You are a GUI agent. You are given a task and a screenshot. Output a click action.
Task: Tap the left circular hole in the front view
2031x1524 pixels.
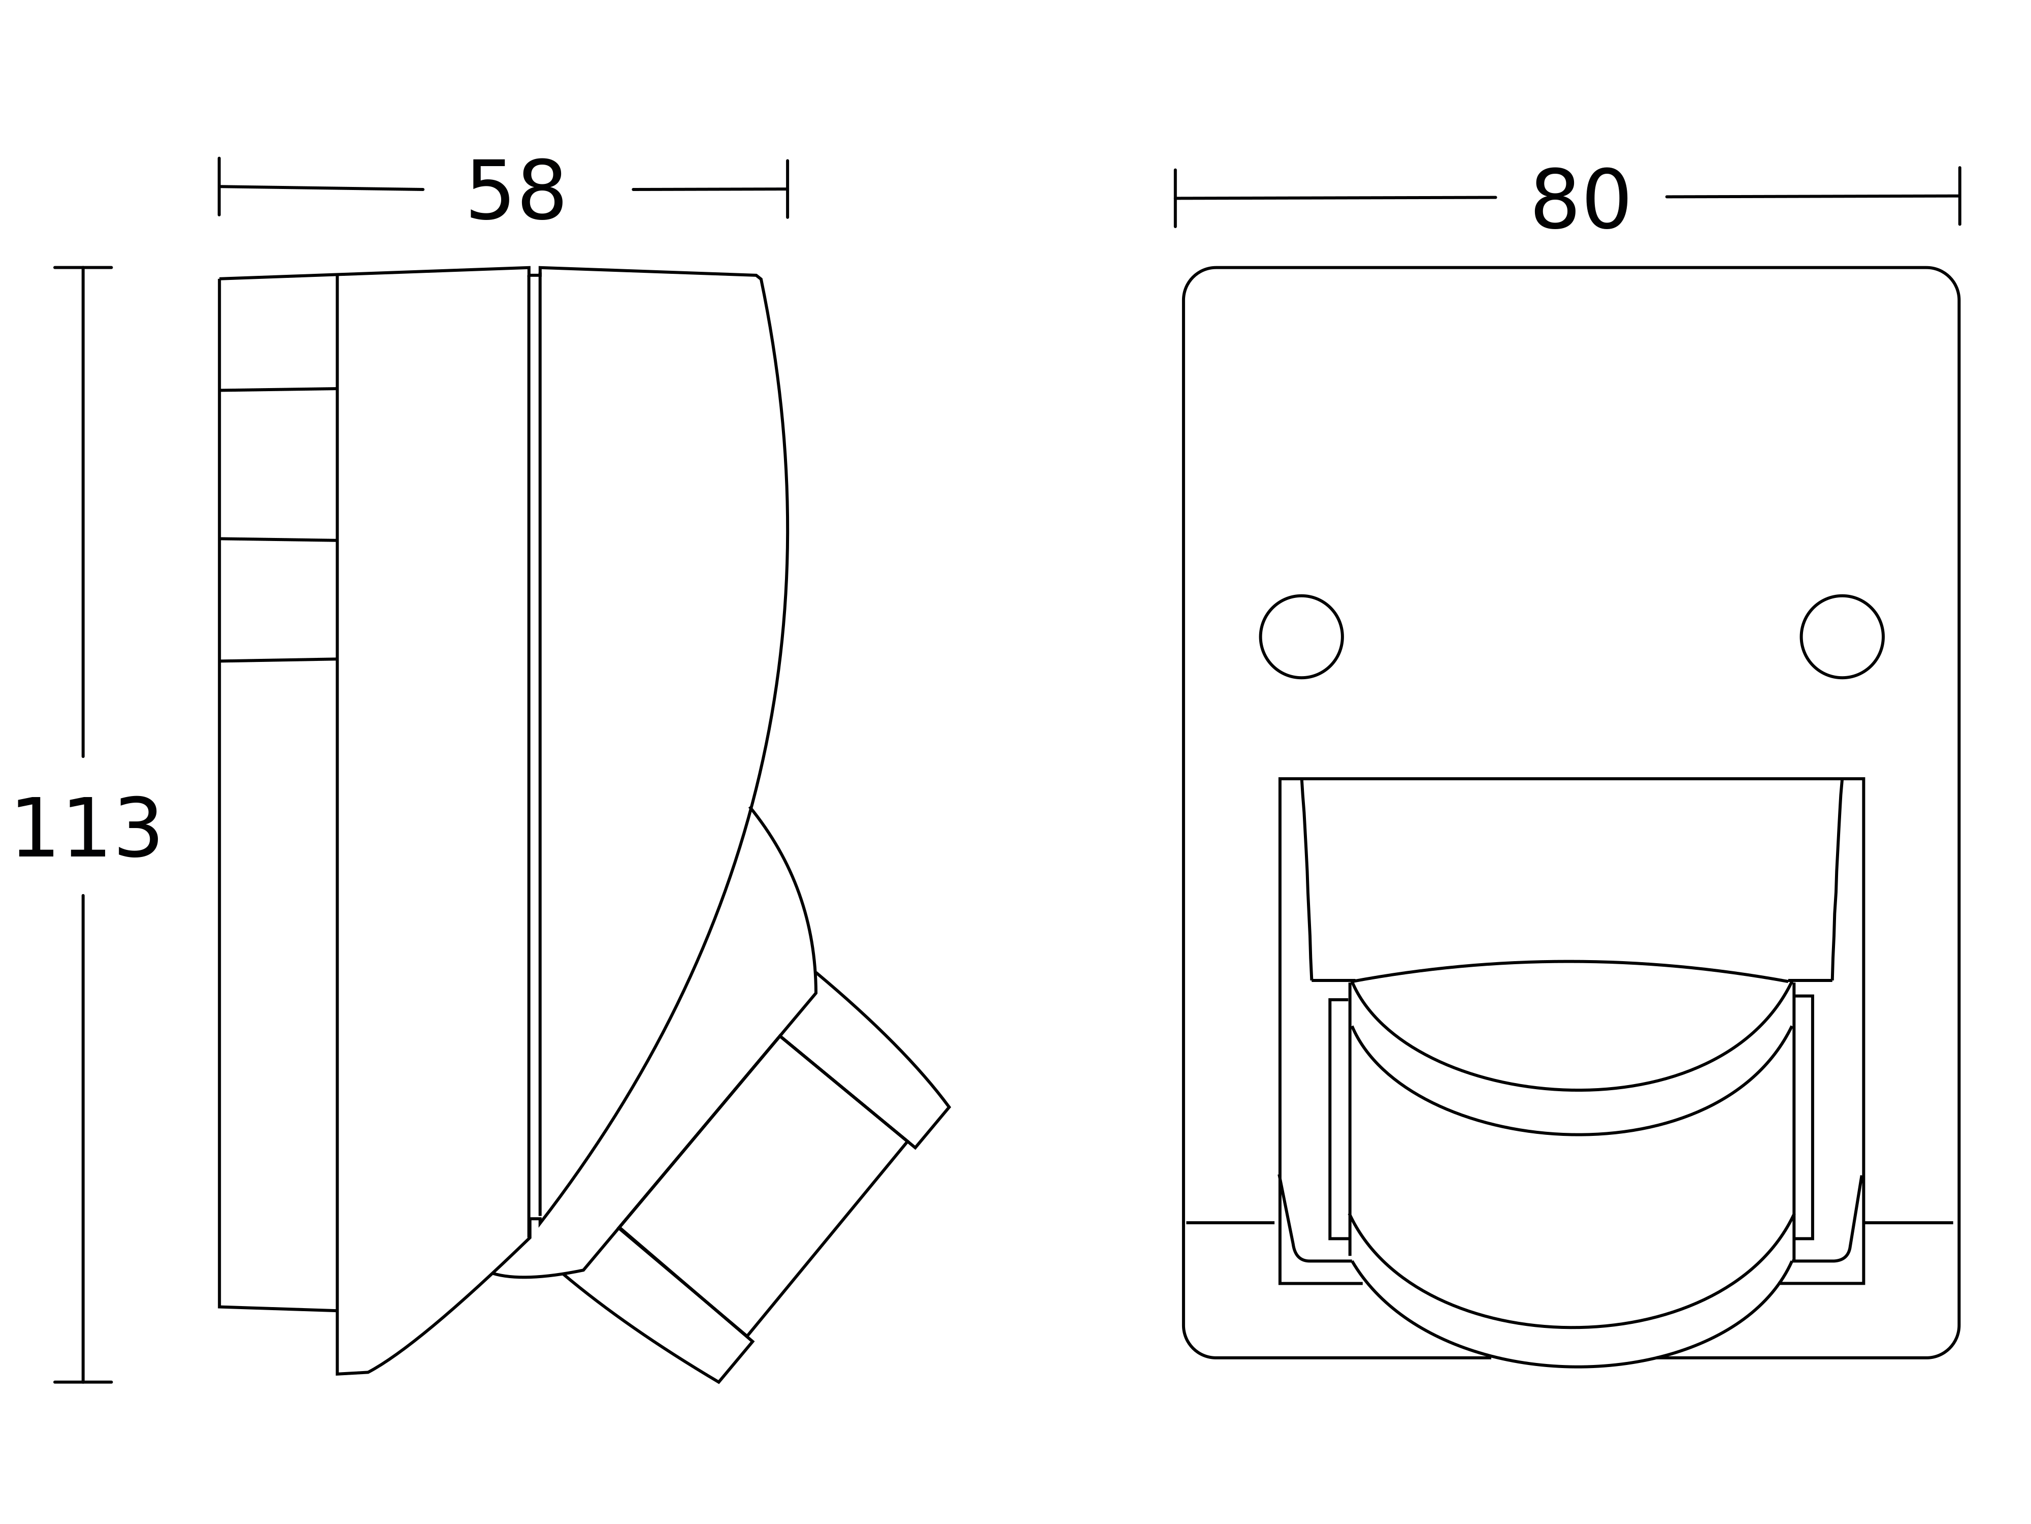[x=1301, y=637]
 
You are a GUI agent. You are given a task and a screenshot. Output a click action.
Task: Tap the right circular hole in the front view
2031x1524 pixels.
[x=1842, y=637]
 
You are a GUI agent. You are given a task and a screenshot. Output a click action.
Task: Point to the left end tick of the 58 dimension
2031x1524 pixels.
[x=219, y=186]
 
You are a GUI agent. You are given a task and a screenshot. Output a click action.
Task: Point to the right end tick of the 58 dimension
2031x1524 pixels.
[x=787, y=189]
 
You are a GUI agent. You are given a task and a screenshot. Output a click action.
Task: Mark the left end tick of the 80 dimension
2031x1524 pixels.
[x=1175, y=199]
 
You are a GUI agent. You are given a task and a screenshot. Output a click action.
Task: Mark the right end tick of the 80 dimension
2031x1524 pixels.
[x=1959, y=196]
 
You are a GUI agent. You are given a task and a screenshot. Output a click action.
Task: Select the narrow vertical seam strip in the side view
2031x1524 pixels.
[x=534, y=744]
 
